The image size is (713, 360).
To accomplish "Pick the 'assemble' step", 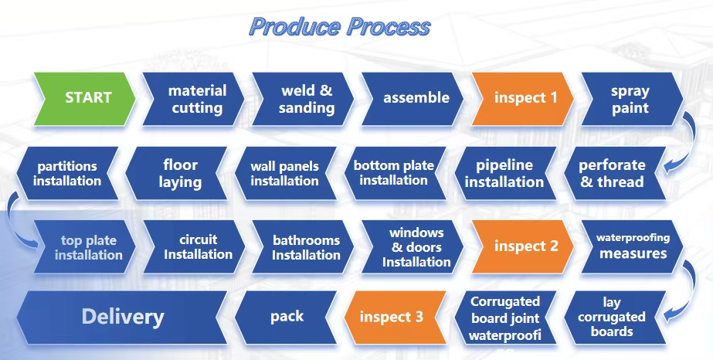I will pos(416,98).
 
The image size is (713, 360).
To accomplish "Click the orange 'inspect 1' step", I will pos(525,98).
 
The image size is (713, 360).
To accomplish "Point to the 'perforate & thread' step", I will pos(611,173).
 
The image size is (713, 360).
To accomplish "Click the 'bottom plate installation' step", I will pos(394,173).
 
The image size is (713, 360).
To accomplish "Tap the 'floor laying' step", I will pos(181,173).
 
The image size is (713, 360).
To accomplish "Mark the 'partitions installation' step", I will pos(68,173).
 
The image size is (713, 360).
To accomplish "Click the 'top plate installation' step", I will pos(89,247).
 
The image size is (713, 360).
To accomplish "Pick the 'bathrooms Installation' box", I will pos(306,247).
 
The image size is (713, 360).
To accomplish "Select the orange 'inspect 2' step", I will pos(525,246).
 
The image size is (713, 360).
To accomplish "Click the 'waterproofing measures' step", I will pos(633,246).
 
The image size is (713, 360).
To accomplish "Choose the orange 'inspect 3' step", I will pos(392,317).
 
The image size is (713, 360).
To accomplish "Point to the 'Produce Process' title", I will pos(340,26).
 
